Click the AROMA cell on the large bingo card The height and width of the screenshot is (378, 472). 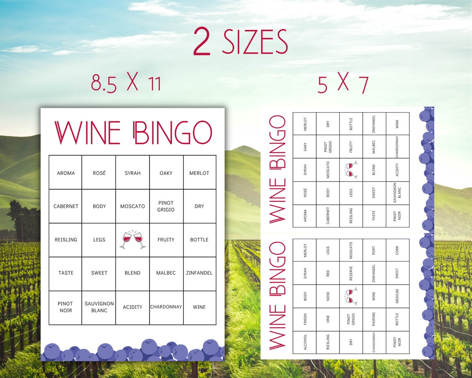(66, 173)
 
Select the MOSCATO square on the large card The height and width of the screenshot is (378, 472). (132, 206)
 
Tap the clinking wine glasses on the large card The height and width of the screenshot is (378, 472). (132, 240)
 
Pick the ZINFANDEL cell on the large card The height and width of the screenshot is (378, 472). (199, 273)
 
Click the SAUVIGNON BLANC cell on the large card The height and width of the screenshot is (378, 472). (99, 307)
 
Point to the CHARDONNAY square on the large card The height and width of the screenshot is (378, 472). (166, 307)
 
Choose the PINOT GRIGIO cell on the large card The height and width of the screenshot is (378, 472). (166, 206)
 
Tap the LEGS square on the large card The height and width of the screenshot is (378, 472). (99, 240)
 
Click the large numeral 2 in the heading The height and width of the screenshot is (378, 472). (202, 43)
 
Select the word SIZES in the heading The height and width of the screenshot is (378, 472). (255, 43)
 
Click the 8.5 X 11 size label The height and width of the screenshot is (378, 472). (126, 83)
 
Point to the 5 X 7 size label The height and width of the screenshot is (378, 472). (343, 84)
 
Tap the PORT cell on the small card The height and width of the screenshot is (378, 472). (374, 250)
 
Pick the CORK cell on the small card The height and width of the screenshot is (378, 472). (397, 250)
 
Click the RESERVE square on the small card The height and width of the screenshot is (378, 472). (351, 273)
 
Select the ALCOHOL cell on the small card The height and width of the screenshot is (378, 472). (305, 342)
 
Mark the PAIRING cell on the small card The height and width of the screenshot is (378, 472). (374, 319)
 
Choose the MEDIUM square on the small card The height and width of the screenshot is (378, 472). (397, 296)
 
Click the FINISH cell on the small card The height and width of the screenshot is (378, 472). (305, 319)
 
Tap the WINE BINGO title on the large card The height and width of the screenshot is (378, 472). (133, 133)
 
